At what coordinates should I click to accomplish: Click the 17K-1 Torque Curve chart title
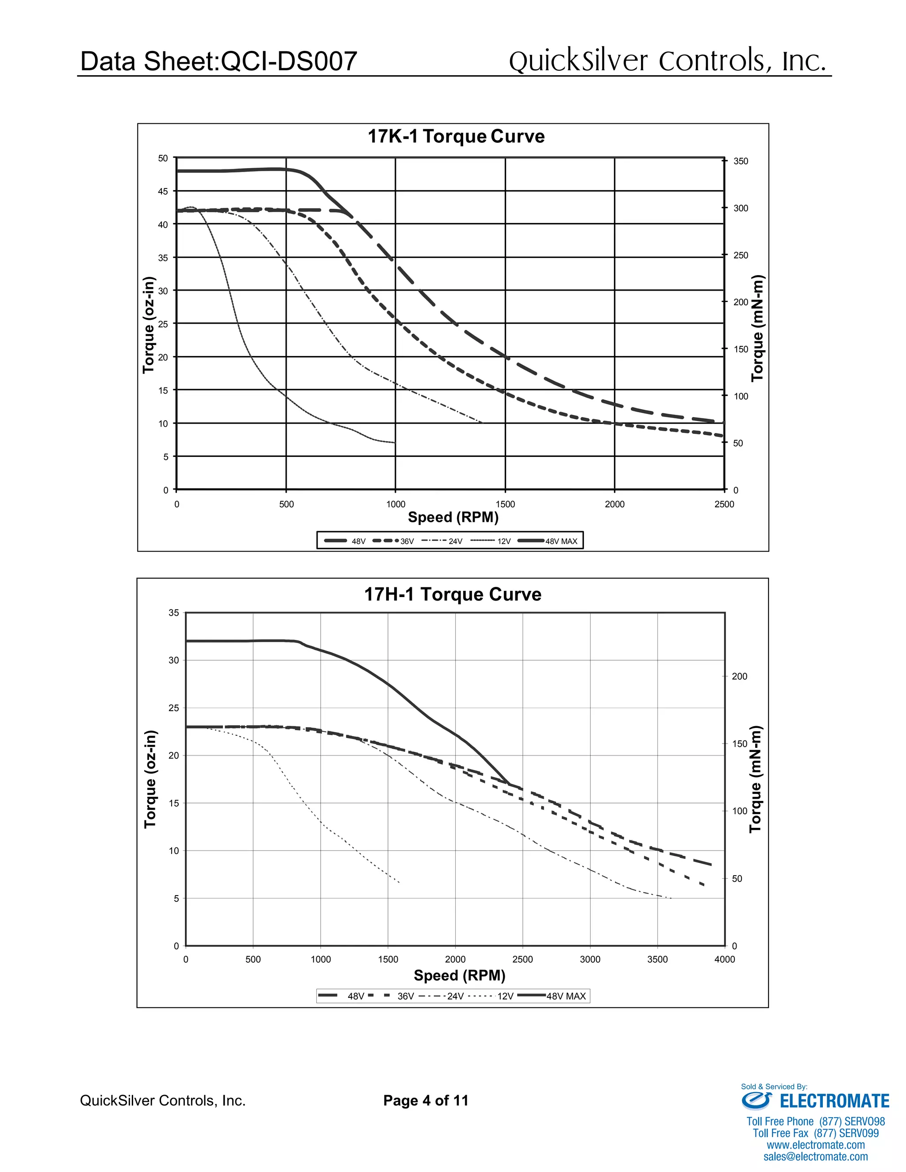(456, 136)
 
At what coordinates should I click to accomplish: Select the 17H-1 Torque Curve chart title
(453, 594)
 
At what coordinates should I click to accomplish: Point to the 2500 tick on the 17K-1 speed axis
(724, 504)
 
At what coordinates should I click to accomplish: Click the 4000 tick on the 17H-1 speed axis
(725, 959)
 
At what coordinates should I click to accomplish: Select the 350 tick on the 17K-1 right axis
(740, 161)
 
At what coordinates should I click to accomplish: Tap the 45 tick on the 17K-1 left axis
(163, 192)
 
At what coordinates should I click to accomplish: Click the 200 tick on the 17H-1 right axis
(739, 676)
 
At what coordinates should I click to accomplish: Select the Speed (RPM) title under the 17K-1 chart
(453, 517)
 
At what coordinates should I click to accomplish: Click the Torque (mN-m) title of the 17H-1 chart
(756, 779)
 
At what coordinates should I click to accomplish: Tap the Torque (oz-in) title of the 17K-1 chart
(149, 325)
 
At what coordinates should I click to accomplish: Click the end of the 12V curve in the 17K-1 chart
(395, 443)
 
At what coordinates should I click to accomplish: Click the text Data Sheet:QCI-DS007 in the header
(219, 61)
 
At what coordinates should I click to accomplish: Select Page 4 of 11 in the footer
(426, 1101)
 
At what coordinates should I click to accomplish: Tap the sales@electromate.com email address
(815, 1157)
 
